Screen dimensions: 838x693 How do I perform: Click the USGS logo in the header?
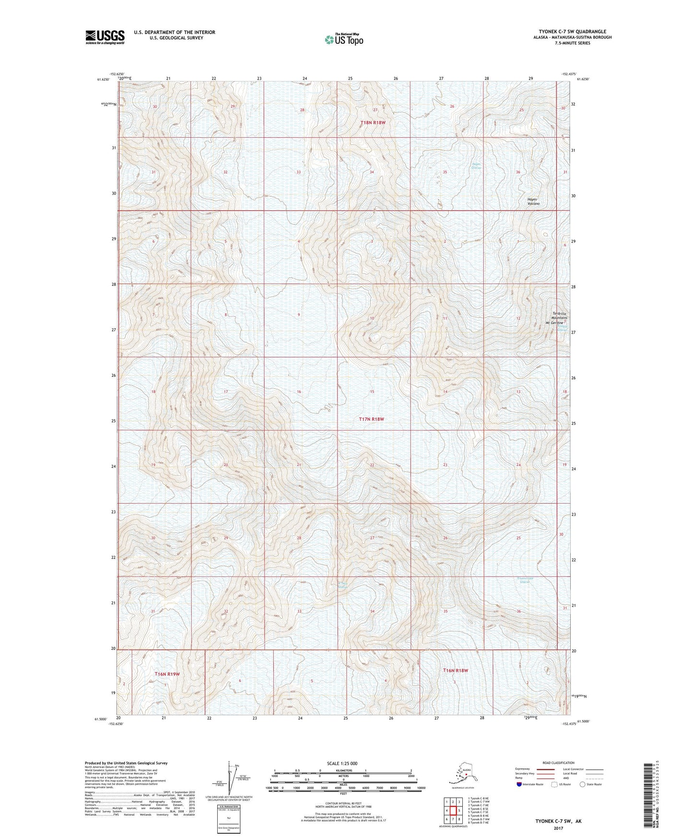[x=105, y=37]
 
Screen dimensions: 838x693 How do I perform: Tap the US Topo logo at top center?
[x=343, y=39]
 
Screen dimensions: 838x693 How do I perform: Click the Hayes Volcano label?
[x=533, y=202]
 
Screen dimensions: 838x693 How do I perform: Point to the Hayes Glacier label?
[x=476, y=166]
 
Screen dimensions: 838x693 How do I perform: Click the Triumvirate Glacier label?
[x=526, y=580]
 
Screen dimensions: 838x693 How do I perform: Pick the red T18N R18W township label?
[x=373, y=123]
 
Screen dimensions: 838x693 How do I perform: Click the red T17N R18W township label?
[x=372, y=419]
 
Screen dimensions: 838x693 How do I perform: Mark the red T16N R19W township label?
[x=167, y=674]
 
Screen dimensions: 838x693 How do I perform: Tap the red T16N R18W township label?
[x=455, y=670]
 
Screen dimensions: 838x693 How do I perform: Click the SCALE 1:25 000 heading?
[x=342, y=763]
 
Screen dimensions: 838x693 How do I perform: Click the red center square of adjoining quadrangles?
[x=453, y=811]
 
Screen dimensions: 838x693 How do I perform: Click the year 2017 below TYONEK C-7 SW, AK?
[x=558, y=828]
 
